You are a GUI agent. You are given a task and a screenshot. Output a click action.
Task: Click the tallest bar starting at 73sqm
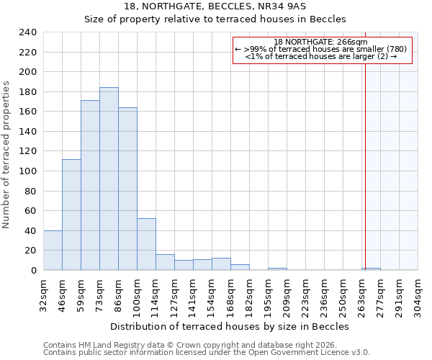click(x=109, y=179)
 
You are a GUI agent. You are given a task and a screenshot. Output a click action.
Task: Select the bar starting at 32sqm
click(x=53, y=251)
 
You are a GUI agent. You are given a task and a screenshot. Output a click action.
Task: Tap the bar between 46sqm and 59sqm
click(x=71, y=215)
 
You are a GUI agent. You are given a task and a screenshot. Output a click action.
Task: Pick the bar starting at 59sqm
click(x=90, y=185)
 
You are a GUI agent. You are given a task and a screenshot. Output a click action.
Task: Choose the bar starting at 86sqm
click(x=127, y=189)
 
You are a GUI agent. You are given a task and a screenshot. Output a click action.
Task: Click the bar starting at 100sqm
click(x=146, y=244)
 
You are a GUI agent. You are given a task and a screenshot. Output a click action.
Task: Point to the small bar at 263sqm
click(x=372, y=269)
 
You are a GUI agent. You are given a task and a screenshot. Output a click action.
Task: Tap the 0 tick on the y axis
click(x=33, y=270)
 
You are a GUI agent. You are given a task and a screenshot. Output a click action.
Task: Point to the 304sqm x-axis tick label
click(x=418, y=294)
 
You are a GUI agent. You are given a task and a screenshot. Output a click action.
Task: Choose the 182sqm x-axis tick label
click(x=249, y=294)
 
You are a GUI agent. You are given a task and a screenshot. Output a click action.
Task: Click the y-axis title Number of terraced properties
click(x=6, y=155)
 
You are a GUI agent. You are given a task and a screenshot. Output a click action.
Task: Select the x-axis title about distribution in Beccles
click(x=230, y=326)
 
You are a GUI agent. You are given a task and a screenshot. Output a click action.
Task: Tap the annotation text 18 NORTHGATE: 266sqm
click(x=321, y=42)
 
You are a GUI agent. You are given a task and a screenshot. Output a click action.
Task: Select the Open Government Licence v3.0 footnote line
click(x=207, y=353)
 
